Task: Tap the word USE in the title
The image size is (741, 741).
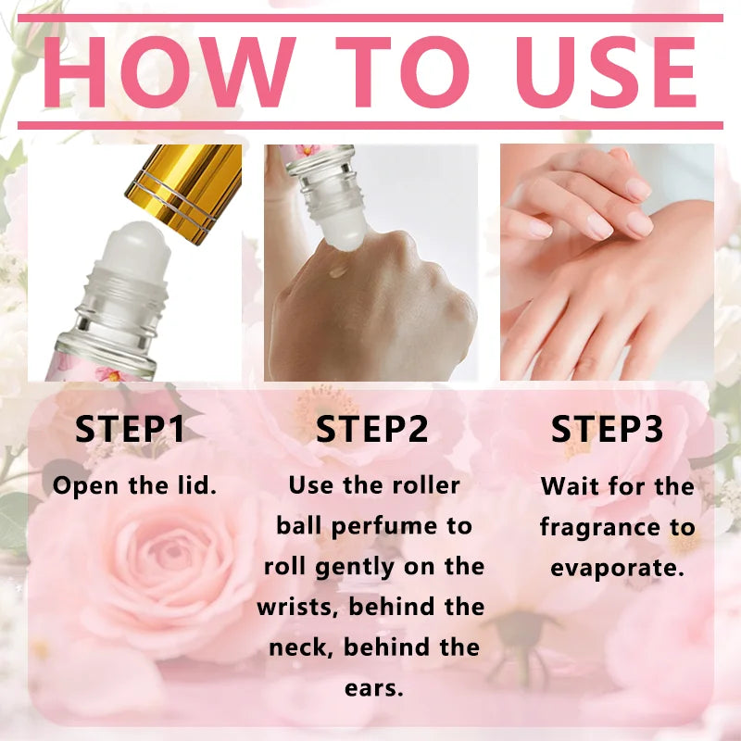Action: click(x=606, y=72)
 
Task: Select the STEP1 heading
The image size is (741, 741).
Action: click(x=130, y=429)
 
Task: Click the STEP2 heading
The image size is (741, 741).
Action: click(x=372, y=429)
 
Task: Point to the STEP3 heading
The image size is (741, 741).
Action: click(x=608, y=429)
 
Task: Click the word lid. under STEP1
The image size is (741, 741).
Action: click(x=197, y=485)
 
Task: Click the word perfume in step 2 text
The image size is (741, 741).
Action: click(x=384, y=527)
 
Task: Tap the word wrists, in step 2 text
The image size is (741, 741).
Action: click(x=297, y=607)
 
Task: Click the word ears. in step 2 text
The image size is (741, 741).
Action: click(x=374, y=688)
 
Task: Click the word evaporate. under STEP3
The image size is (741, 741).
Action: click(x=617, y=569)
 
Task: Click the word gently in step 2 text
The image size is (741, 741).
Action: click(x=355, y=568)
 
